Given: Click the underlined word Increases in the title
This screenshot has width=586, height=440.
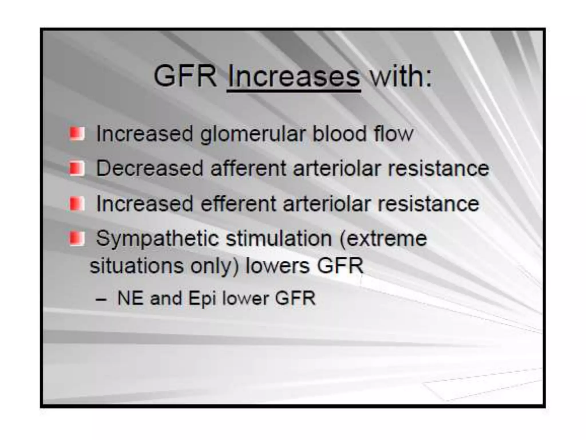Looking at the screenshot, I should point(294,76).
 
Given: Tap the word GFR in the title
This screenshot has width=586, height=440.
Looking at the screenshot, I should point(185,76).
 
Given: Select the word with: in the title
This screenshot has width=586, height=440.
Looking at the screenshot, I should point(401,76).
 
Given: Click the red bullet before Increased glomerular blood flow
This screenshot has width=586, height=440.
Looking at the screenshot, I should point(77,133).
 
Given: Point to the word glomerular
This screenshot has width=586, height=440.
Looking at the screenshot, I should point(253,134).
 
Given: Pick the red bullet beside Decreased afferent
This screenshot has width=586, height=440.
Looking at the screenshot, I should point(77,168).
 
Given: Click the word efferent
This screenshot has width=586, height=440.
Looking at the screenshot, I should point(238,204).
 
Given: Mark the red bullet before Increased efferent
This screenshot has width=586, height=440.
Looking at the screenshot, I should point(77,204).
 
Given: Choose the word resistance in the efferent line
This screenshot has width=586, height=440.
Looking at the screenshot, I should point(428,204).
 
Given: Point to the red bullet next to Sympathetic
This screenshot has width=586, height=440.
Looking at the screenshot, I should point(77,239).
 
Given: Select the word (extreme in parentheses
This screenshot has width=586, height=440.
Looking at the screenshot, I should point(383,239).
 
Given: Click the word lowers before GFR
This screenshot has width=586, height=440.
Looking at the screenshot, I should point(277,266).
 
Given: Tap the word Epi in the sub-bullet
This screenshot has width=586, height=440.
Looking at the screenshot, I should point(202,298).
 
